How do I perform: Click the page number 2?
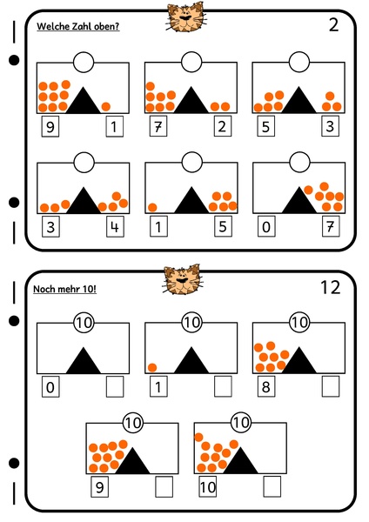point(332,24)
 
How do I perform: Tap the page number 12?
point(330,287)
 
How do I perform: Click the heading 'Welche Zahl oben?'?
point(78,26)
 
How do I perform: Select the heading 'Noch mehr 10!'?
point(64,289)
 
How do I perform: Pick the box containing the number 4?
point(116,229)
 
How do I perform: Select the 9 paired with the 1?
point(51,128)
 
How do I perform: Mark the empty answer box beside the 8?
point(331,385)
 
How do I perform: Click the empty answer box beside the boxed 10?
point(272,485)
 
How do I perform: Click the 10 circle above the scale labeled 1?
point(191,323)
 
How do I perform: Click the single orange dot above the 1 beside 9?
point(106,106)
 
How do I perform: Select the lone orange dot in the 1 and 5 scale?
point(153,207)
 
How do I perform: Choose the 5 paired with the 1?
point(224,229)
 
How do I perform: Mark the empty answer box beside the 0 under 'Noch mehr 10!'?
point(116,385)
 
